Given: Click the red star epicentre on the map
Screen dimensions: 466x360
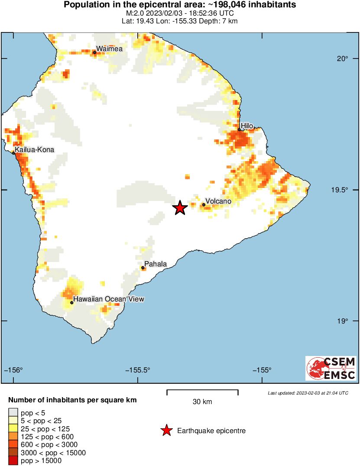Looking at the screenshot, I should [x=180, y=208].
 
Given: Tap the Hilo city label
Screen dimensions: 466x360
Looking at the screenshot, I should [x=247, y=126].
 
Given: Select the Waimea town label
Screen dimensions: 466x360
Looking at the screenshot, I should [x=109, y=49].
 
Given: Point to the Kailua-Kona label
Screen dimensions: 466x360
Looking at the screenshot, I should [x=35, y=150].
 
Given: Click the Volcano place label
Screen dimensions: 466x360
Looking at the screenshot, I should [x=218, y=201].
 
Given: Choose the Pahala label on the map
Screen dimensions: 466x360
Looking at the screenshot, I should [x=155, y=264].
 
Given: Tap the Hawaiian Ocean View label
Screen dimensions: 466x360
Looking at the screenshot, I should [x=108, y=299].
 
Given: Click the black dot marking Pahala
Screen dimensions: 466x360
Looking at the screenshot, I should [x=143, y=268].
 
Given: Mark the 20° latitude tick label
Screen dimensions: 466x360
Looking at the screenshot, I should [x=344, y=59].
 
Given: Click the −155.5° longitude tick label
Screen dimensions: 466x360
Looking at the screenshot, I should [x=138, y=370].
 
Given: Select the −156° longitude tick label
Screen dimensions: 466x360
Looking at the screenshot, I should [x=13, y=370].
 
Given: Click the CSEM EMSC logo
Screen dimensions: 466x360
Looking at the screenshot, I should [x=331, y=368].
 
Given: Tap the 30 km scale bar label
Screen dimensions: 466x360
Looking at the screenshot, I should [x=202, y=402].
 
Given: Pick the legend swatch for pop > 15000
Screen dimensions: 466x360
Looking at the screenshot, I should [x=13, y=461].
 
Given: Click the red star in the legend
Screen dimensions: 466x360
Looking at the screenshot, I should [x=166, y=430].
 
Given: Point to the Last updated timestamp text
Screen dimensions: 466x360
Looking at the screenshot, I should [x=308, y=393].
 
